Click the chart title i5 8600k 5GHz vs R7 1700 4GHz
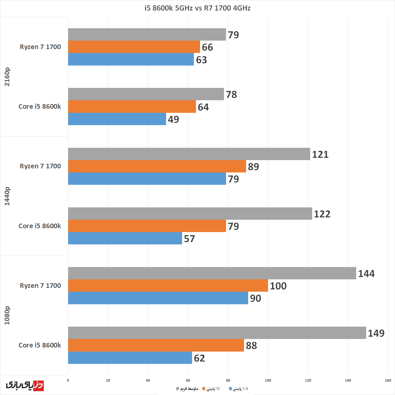197,8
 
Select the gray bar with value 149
217,333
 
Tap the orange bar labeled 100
168,286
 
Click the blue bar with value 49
117,119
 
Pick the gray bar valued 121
189,154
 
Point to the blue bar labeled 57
125,238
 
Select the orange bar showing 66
134,47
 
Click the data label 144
366,273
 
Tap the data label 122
322,214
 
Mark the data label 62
199,358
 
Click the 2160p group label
7,77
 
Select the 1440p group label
7,196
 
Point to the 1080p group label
7,315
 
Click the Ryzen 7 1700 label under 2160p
40,47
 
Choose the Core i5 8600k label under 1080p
40,345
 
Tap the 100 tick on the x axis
268,380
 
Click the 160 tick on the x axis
388,380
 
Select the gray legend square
177,389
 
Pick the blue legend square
230,389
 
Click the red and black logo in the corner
25,385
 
